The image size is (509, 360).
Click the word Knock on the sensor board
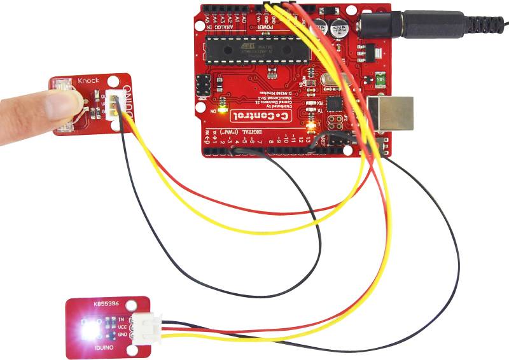pos(89,81)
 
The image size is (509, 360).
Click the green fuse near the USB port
pos(379,81)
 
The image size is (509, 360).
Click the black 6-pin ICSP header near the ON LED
pos(204,84)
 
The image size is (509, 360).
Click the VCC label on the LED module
pos(122,326)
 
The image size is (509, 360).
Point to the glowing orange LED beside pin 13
pos(310,117)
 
